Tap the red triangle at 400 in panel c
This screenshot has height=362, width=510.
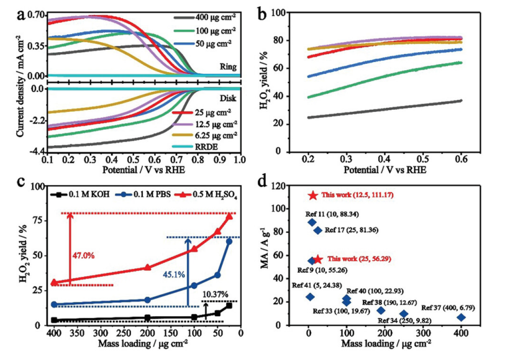pos(55,283)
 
